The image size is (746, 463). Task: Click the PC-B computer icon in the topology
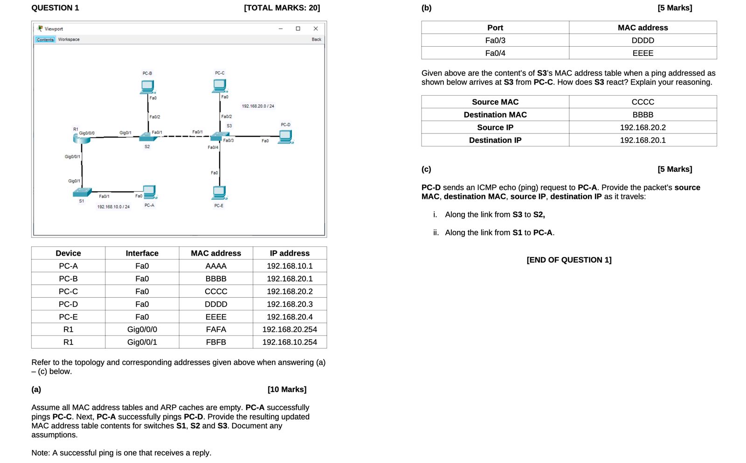coord(147,86)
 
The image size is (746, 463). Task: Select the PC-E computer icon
coord(219,192)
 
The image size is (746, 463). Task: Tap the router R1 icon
coord(81,138)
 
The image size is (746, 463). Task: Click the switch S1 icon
coord(82,192)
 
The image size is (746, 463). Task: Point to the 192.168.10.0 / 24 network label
coord(113,207)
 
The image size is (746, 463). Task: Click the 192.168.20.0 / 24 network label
coord(258,106)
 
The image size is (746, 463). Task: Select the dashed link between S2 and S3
coord(183,137)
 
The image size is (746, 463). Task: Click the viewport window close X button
coord(316,28)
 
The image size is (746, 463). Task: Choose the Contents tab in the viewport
coord(45,40)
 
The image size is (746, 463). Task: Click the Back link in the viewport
coord(316,40)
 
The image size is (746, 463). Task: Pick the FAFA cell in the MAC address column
coord(216,330)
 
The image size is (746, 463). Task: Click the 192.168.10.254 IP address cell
coord(290,342)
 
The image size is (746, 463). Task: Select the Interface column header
coord(142,253)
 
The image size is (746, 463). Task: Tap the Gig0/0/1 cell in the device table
coord(142,342)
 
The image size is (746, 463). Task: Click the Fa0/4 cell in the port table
coord(495,53)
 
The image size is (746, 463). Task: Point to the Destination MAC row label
coord(495,115)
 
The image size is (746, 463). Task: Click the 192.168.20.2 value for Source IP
coord(642,127)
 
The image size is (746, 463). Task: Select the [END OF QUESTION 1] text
coord(569,260)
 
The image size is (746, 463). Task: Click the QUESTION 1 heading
coord(55,8)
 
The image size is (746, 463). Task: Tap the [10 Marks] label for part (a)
coord(287,389)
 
